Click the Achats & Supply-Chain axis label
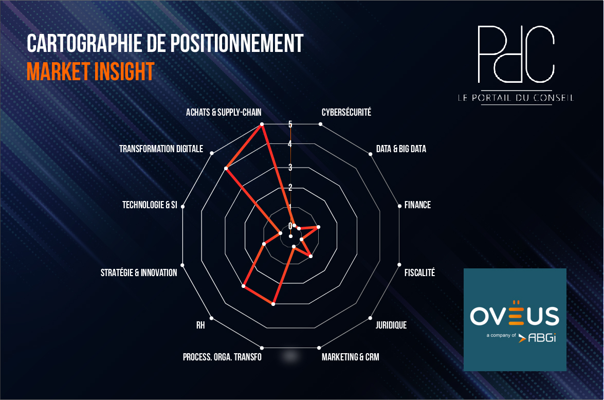point(224,113)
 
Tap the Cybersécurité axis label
point(346,112)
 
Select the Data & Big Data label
point(401,149)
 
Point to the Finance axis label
point(417,205)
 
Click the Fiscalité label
point(419,272)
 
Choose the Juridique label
point(391,325)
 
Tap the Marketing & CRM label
point(350,357)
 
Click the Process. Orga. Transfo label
point(222,357)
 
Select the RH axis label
point(200,325)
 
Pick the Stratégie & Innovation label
point(139,273)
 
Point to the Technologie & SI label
point(150,205)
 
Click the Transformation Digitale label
point(161,149)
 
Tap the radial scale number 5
point(290,124)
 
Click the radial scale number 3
point(290,168)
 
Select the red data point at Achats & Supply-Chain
point(262,124)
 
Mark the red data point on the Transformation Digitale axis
point(227,169)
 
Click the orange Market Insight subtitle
point(90,71)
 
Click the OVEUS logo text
point(515,315)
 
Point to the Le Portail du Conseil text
point(516,98)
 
